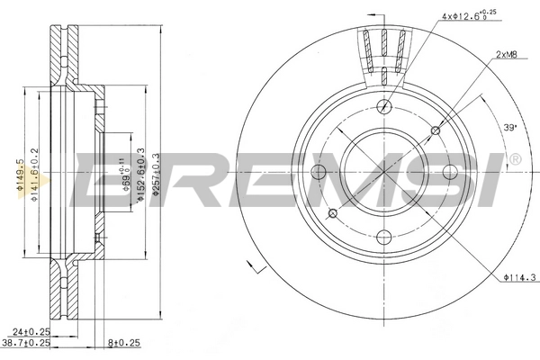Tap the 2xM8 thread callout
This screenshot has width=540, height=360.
click(x=506, y=57)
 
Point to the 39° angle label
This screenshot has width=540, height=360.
click(x=509, y=127)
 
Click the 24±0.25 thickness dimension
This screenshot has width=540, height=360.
click(x=30, y=332)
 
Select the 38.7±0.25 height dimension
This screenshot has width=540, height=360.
click(x=26, y=344)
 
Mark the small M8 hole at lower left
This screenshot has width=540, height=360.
click(x=332, y=212)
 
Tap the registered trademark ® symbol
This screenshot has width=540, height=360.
click(x=514, y=159)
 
